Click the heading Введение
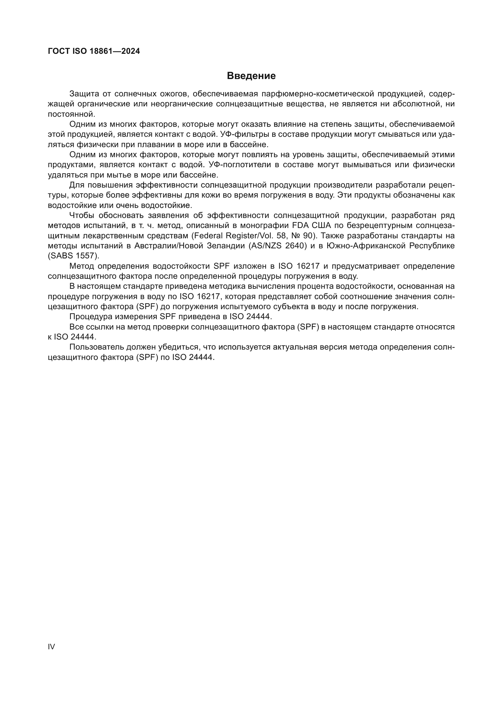(x=251, y=76)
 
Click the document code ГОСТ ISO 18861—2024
(x=94, y=51)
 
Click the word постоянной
(x=71, y=114)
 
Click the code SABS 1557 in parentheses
(x=74, y=256)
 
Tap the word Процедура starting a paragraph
(x=88, y=317)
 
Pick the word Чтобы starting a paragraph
(x=82, y=216)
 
